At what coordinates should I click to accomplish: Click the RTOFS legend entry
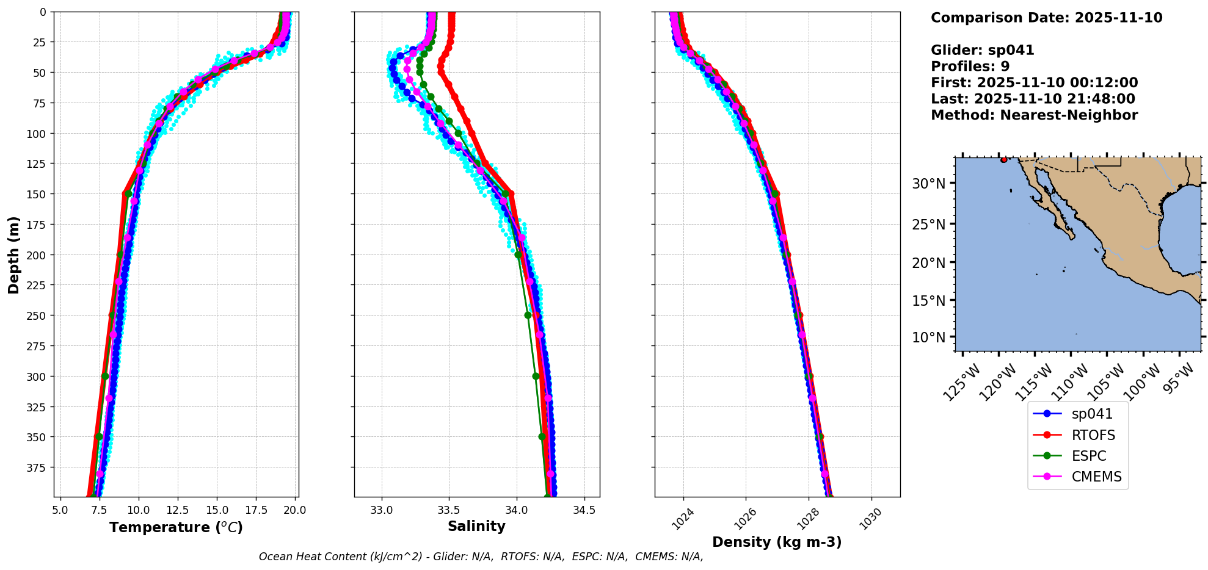click(1093, 435)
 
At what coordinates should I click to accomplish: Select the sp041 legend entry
click(1091, 414)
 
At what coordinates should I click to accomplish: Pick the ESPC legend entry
click(1088, 456)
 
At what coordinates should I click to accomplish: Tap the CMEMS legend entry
click(1096, 477)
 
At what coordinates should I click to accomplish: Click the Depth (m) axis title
click(14, 254)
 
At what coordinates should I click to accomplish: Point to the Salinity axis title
click(476, 527)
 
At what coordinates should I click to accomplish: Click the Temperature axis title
click(176, 527)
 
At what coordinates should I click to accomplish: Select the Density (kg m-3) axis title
click(777, 542)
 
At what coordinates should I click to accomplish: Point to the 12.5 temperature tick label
click(178, 510)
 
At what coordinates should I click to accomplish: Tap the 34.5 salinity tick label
click(584, 510)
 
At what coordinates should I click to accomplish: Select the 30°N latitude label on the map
click(928, 184)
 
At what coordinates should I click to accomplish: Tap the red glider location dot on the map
click(1004, 160)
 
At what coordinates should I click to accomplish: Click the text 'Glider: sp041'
click(982, 50)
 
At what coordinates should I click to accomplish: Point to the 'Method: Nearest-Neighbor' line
click(1034, 115)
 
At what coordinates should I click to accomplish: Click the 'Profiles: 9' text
click(970, 67)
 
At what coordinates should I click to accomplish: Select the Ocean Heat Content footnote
click(481, 557)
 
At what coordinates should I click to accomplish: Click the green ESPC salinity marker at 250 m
click(528, 316)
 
